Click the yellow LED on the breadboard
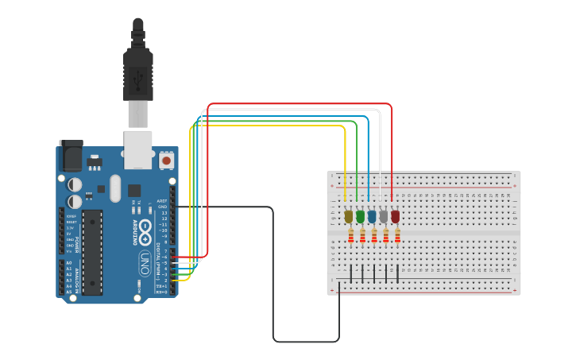tap(348, 215)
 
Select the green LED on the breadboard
tap(360, 215)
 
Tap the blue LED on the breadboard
tap(372, 215)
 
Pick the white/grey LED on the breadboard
tap(384, 215)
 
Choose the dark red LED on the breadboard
tap(395, 215)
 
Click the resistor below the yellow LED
tap(351, 236)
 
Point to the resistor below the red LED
tap(397, 236)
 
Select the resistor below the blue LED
tap(374, 236)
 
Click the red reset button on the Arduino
tap(166, 161)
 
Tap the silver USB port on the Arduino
tap(138, 149)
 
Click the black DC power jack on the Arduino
tap(71, 156)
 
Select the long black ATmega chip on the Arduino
tap(92, 252)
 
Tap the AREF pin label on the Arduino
tap(162, 201)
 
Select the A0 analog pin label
tap(68, 263)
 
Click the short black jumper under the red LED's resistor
tap(397, 273)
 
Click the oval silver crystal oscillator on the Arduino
tap(115, 188)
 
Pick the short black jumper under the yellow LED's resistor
tap(351, 273)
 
